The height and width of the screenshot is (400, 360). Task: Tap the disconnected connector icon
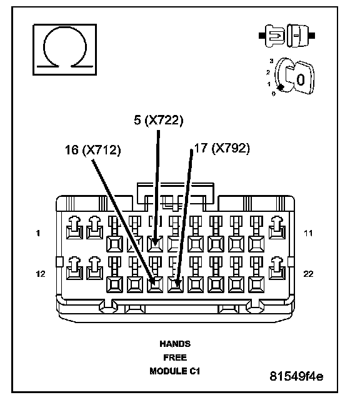coord(287,36)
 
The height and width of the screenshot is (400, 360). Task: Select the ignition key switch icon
coord(293,76)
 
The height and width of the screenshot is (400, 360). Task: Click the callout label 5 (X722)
coord(159,120)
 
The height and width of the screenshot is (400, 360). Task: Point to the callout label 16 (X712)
coord(93,150)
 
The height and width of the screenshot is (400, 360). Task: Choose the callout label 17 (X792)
coord(222,148)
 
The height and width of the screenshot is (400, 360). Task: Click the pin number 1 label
coord(38,233)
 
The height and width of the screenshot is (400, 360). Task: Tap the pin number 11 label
coord(308,233)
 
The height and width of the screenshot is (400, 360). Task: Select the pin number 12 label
coord(41,274)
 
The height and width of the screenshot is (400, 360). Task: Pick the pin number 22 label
coord(308,274)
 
